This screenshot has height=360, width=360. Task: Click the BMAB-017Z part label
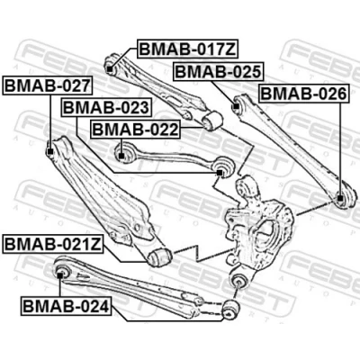coord(188,49)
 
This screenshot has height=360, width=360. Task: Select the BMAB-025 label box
coord(219,72)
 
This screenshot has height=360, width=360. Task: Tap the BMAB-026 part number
coord(304,94)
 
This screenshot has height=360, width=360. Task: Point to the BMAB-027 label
coord(48,85)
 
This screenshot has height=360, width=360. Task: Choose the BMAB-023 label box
coord(106,107)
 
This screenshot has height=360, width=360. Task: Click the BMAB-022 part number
coord(136,130)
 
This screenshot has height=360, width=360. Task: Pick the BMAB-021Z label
coord(53,244)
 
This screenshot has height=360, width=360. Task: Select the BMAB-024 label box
coord(66,306)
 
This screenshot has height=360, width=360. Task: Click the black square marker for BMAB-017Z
coord(110,69)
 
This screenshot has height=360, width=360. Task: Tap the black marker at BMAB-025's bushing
coord(236,105)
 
